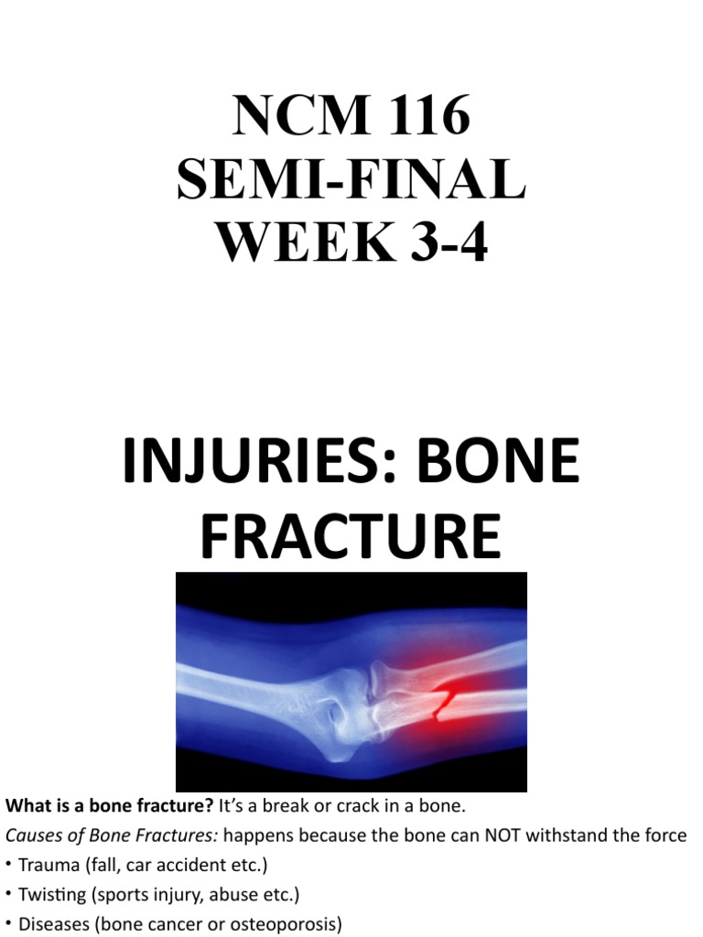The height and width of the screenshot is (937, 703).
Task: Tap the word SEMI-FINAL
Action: (351, 180)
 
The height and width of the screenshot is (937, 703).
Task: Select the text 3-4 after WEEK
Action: (436, 243)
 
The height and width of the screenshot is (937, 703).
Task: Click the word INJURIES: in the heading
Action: (260, 462)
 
